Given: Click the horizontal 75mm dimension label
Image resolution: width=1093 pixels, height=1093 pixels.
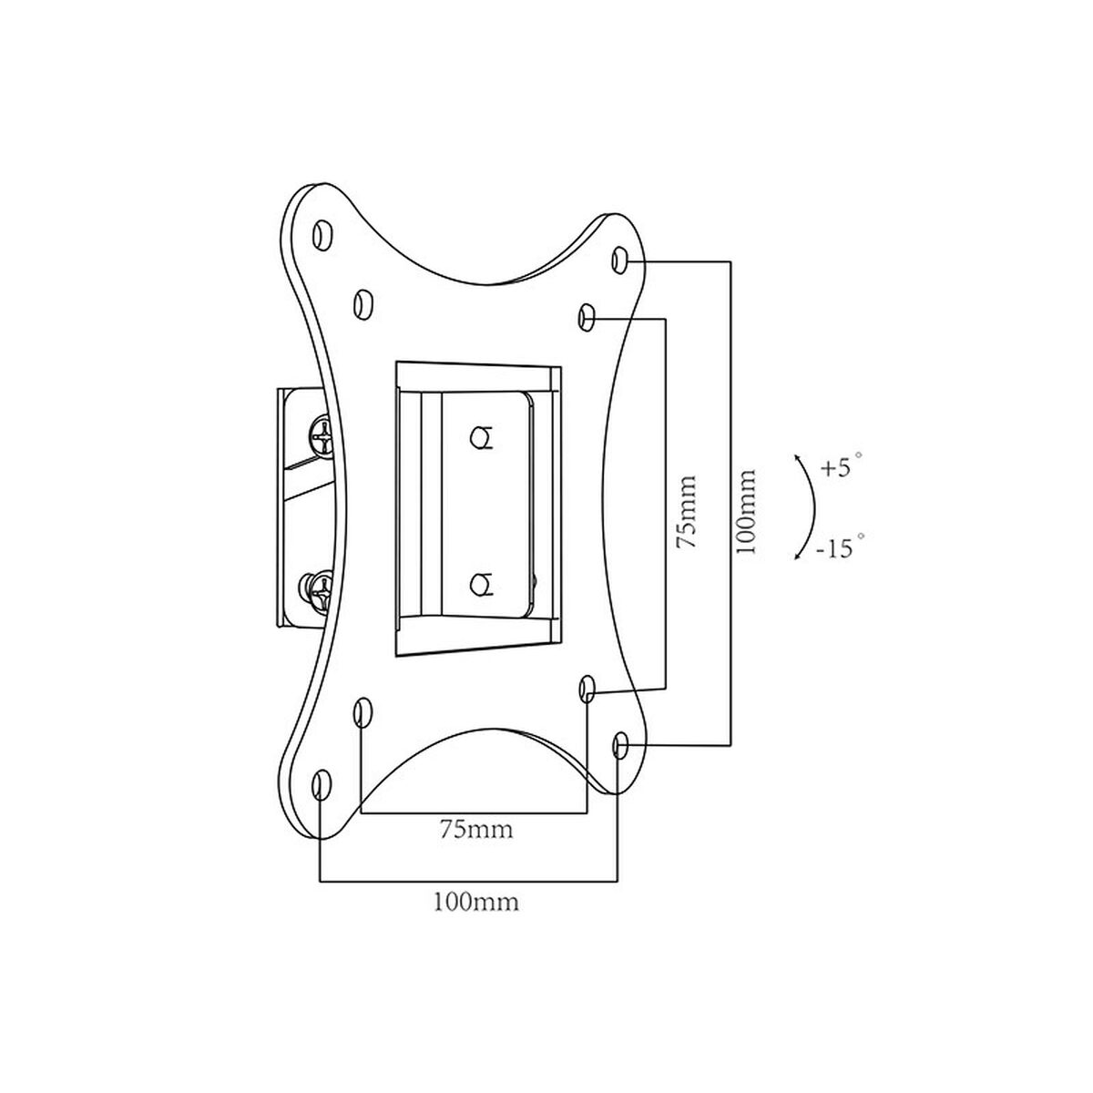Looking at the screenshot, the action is (476, 830).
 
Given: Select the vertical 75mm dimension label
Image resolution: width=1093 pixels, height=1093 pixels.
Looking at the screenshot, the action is (687, 512).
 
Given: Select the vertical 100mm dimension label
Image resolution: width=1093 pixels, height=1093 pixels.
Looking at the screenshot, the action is (746, 512).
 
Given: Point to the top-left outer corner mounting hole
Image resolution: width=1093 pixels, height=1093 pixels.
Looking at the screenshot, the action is (322, 234).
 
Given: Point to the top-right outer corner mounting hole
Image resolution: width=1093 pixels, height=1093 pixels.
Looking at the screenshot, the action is (619, 260).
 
